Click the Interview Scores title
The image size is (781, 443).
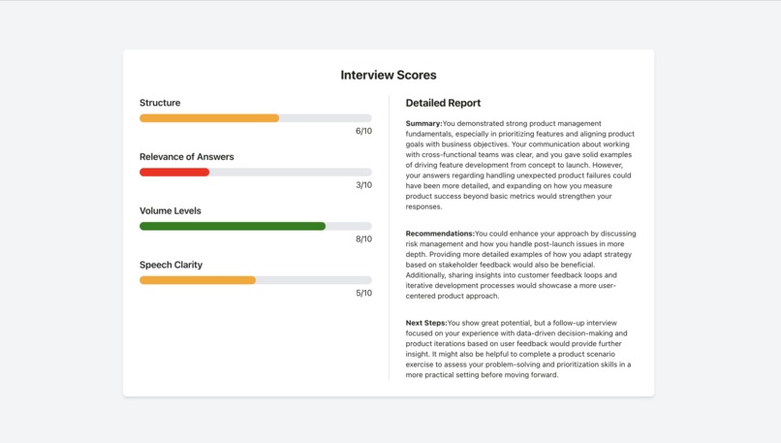[x=388, y=75]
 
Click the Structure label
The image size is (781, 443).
[x=160, y=103]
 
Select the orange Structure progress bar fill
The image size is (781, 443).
[x=209, y=118]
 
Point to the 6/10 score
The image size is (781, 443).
[x=363, y=131]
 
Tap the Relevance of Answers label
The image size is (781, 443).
[x=186, y=157]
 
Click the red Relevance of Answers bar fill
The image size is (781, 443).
[x=174, y=173]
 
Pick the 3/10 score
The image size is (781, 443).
[x=363, y=185]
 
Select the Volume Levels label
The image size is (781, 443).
[x=170, y=210]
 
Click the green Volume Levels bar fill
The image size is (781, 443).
[x=233, y=226]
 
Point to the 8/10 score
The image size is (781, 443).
[x=363, y=239]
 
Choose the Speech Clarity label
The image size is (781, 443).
[x=171, y=265]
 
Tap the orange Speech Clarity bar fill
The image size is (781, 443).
[x=198, y=280]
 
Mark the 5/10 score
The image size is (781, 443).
[x=363, y=293]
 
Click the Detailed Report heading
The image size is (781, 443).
[x=443, y=103]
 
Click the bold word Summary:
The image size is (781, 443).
[x=423, y=123]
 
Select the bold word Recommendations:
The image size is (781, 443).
[x=440, y=234]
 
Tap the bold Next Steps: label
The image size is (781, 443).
[x=426, y=323]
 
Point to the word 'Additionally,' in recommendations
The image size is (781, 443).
[x=428, y=275]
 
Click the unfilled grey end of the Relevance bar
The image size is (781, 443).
[x=291, y=173]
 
